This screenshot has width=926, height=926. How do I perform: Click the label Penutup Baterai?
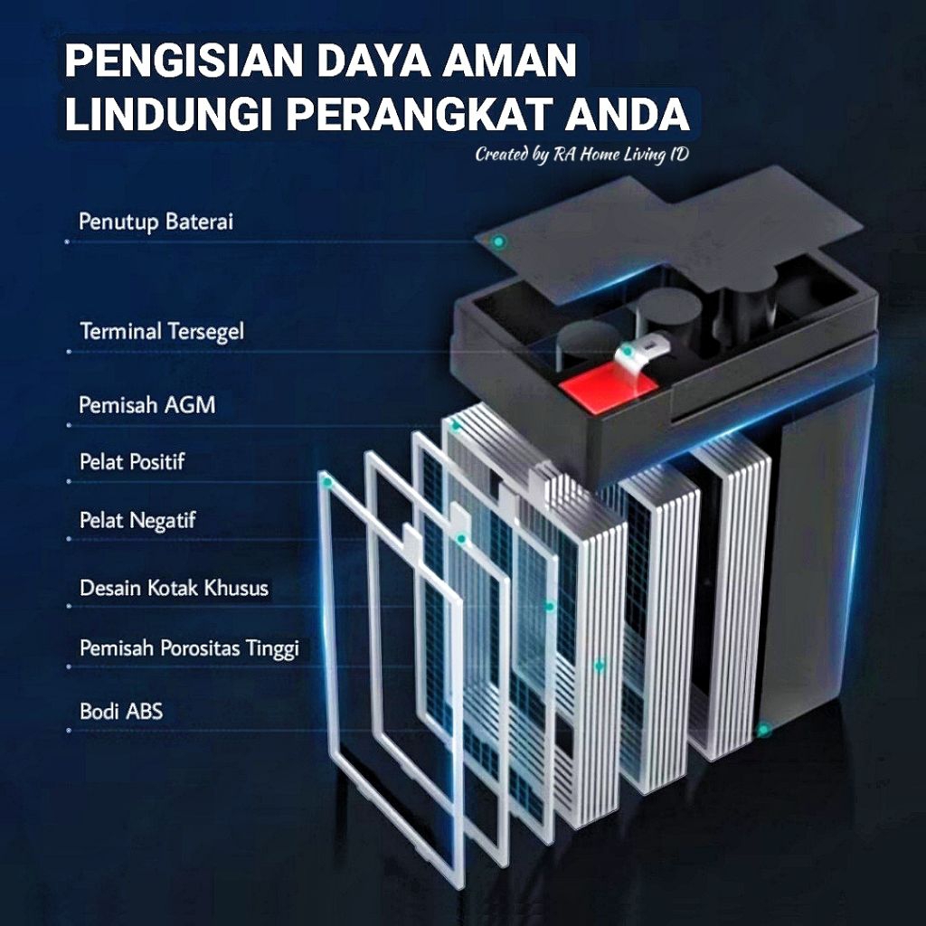(156, 222)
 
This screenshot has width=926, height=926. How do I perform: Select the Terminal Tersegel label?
(162, 331)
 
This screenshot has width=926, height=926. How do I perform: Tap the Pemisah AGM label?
(147, 405)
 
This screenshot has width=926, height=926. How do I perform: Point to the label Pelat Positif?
(132, 461)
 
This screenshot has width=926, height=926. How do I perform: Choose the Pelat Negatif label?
(137, 521)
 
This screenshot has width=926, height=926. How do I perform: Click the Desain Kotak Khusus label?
(175, 588)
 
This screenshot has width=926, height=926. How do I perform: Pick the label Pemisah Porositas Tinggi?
(190, 648)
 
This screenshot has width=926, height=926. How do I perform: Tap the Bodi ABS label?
(121, 711)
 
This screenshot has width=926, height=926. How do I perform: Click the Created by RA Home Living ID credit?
(582, 155)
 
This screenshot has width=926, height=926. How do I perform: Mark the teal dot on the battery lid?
(499, 241)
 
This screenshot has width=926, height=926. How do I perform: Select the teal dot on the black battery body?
(763, 731)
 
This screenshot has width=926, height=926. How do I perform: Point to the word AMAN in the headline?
(510, 61)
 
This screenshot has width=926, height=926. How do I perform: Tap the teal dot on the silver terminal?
(628, 352)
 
